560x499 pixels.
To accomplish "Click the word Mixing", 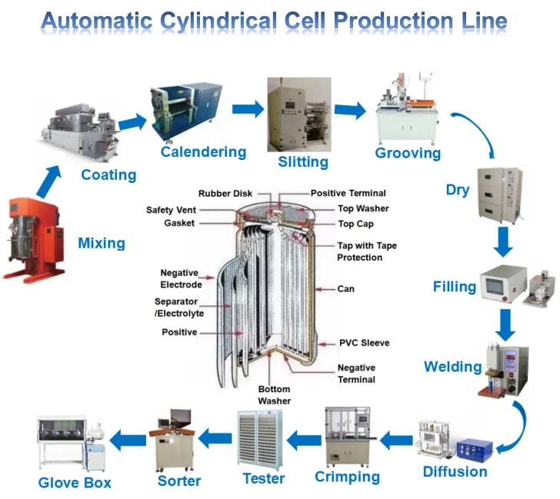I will [102, 244].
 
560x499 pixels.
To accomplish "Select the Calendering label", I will [203, 152].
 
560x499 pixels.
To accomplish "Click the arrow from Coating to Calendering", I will [132, 121].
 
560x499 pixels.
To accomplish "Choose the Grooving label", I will [408, 153].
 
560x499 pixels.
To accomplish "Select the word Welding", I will [453, 366].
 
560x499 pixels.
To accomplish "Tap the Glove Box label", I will [75, 483].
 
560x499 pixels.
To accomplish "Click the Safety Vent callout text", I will [170, 210].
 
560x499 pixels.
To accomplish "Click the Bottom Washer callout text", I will [274, 395].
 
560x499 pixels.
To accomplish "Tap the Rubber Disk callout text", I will [225, 193].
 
